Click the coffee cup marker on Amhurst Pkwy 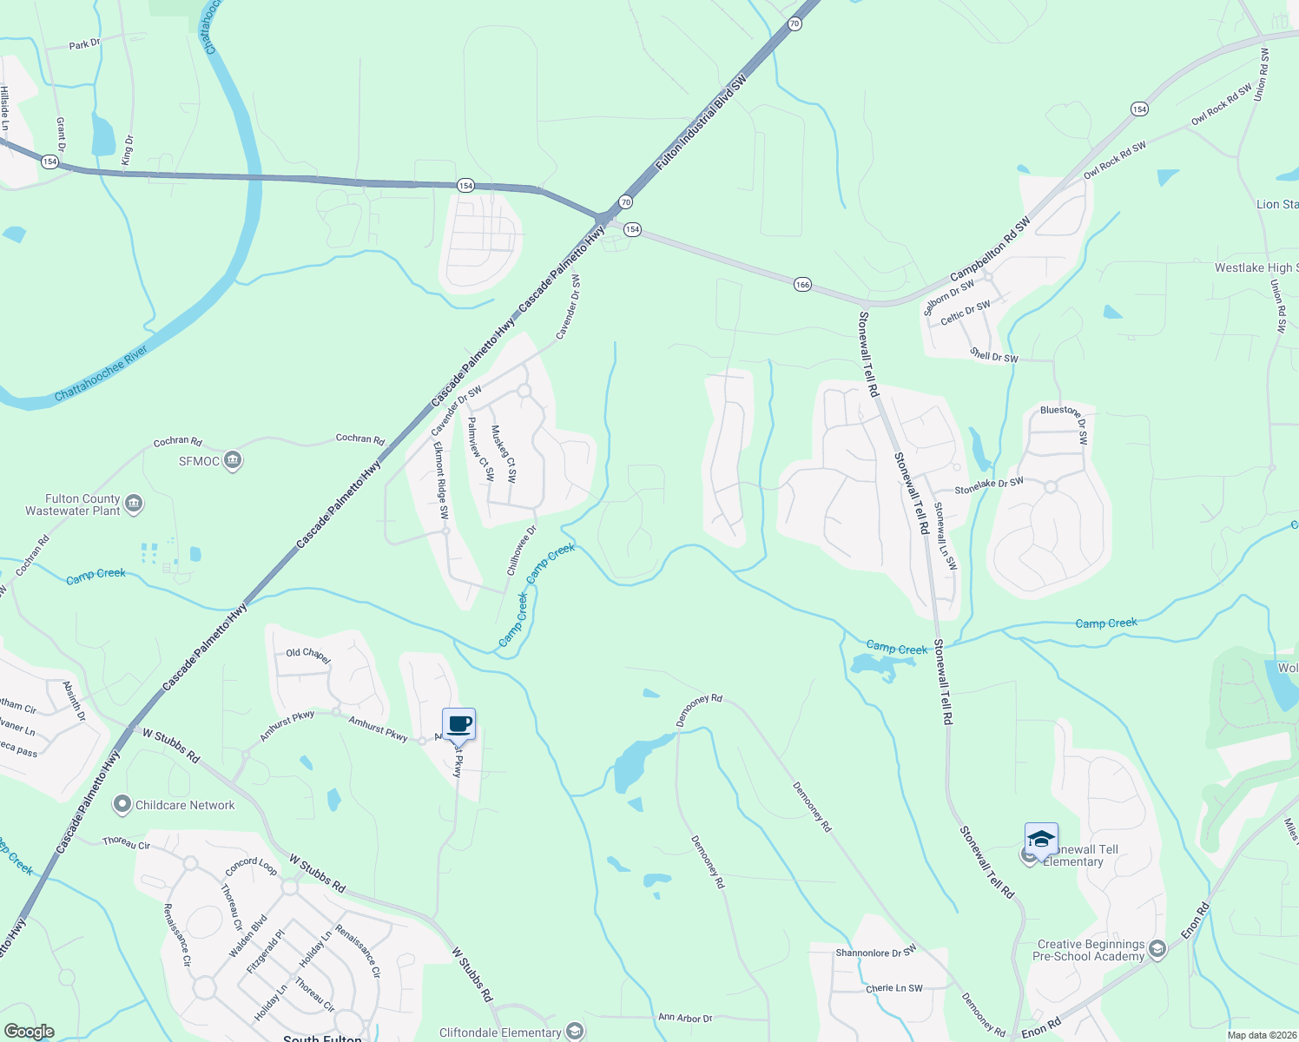point(459,724)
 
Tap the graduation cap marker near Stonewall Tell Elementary point(1041,839)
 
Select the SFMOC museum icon point(232,460)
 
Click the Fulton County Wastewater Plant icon point(134,504)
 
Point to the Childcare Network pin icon point(122,805)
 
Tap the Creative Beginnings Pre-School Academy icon point(1157,950)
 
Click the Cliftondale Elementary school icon point(574,1032)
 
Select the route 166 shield point(802,285)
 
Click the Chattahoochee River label point(101,374)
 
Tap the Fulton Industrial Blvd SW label point(701,122)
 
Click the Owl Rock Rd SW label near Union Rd point(1222,104)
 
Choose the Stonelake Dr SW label point(989,486)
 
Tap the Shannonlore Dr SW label point(875,952)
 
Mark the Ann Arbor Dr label point(685,1018)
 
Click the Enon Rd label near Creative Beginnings point(1195,921)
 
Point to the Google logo point(29,1032)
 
